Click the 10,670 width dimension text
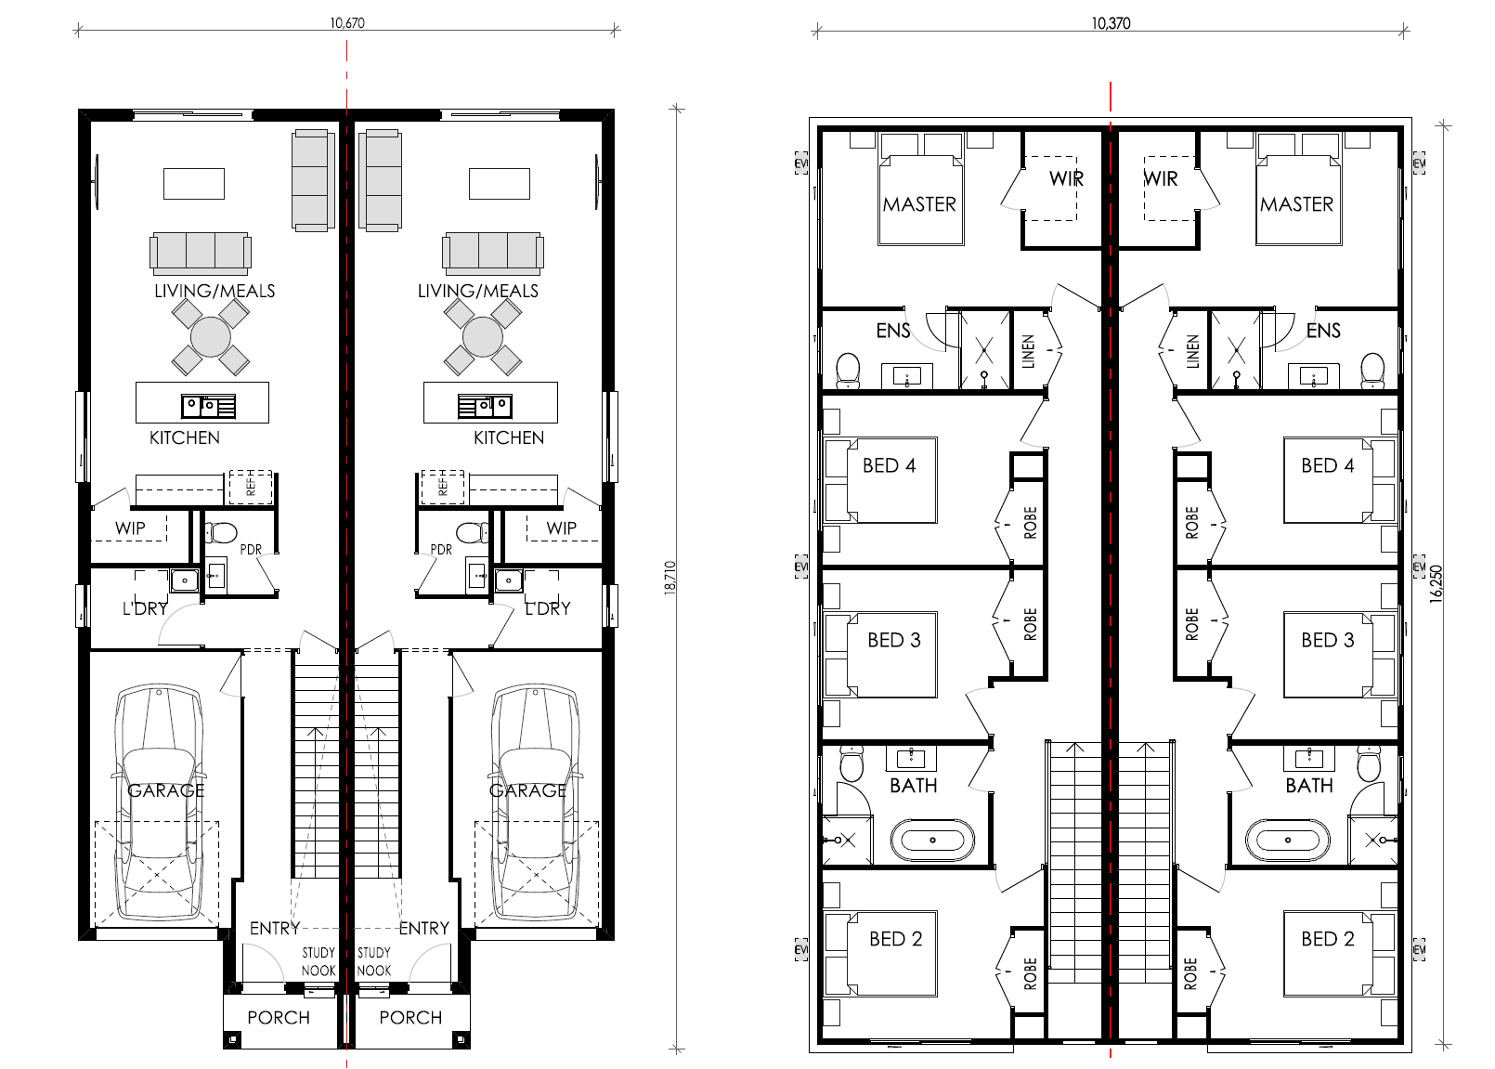coord(347,23)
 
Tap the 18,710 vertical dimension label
coord(670,579)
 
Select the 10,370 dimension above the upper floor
coord(1111,23)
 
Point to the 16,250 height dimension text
coord(1436,584)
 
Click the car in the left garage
coord(159,802)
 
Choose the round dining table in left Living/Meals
coord(210,336)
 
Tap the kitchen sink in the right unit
coord(486,406)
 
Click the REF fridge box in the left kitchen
coord(251,488)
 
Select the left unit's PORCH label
coord(279,1018)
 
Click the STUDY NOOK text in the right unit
coord(374,961)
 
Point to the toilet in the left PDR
coord(221,533)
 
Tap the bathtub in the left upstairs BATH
coord(932,840)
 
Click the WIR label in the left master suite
coord(1066,179)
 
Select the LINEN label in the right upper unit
coord(1192,351)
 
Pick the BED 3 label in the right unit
coord(1328,640)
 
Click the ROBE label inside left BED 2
coord(1031,973)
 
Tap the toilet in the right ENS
coord(1372,370)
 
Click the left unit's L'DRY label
coord(145,608)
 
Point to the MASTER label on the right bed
coord(1297,204)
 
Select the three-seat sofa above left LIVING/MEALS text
coord(201,254)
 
